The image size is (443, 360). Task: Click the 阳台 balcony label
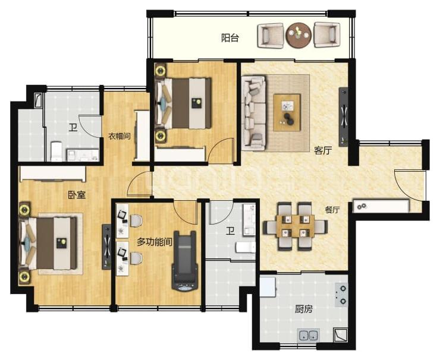pos(230,38)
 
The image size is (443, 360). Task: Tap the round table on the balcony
pos(299,35)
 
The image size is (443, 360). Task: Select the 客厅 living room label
pos(323,150)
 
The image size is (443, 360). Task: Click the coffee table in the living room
pos(287,112)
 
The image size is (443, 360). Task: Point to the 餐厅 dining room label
pos(332,210)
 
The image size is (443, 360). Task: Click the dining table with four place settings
pos(296,226)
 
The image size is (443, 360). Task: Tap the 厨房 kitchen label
pos(304,309)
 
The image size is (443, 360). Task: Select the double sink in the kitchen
pos(308,336)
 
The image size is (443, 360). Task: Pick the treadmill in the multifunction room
pos(185,261)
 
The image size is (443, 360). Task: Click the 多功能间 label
pos(155,242)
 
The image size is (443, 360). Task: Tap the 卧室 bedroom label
pos(77,195)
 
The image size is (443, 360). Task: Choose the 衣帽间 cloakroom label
pos(120,137)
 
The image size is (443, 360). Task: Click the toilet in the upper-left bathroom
pos(56,151)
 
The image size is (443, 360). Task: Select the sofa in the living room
pos(254,112)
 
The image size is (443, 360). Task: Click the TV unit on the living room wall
pos(343,117)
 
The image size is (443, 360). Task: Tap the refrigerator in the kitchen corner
pos(268,287)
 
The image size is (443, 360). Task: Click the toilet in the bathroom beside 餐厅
pos(246,247)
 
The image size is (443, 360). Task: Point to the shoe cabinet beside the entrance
pos(381,206)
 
